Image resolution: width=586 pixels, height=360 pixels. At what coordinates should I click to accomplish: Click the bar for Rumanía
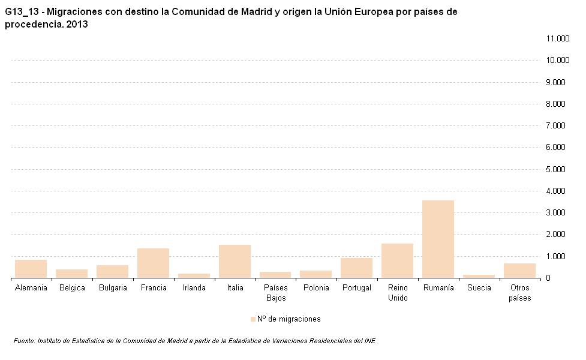pos(438,239)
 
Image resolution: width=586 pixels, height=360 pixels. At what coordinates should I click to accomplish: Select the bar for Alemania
pos(31,269)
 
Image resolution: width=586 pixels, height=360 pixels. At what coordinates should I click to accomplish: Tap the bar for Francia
pos(153,263)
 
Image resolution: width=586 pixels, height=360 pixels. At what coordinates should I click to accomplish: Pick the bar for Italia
pos(235,261)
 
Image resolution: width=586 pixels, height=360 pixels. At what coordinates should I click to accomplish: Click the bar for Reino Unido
pos(397,260)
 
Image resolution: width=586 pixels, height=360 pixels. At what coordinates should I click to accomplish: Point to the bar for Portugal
pos(356,268)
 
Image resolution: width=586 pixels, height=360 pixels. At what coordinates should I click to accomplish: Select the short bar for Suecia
pos(479,276)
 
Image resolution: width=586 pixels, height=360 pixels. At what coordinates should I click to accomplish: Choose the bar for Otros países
pos(519,270)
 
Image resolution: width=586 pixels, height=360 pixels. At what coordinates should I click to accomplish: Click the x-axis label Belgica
pos(72,288)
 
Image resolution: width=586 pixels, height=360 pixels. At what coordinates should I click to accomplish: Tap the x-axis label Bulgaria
pos(113,288)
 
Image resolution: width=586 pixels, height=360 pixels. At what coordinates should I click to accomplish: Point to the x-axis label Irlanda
pos(194,288)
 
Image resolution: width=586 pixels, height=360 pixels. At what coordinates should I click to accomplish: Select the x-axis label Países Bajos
pos(275,293)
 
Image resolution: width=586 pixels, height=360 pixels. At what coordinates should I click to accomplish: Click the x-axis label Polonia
pos(316,288)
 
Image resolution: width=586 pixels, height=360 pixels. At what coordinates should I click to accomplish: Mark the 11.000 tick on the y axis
pos(557,39)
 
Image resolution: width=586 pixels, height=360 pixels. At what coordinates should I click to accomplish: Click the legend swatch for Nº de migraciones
pos(253,319)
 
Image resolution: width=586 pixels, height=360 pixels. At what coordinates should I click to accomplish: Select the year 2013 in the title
pos(78,25)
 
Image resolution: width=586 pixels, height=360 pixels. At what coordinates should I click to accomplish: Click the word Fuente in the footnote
pos(24,341)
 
